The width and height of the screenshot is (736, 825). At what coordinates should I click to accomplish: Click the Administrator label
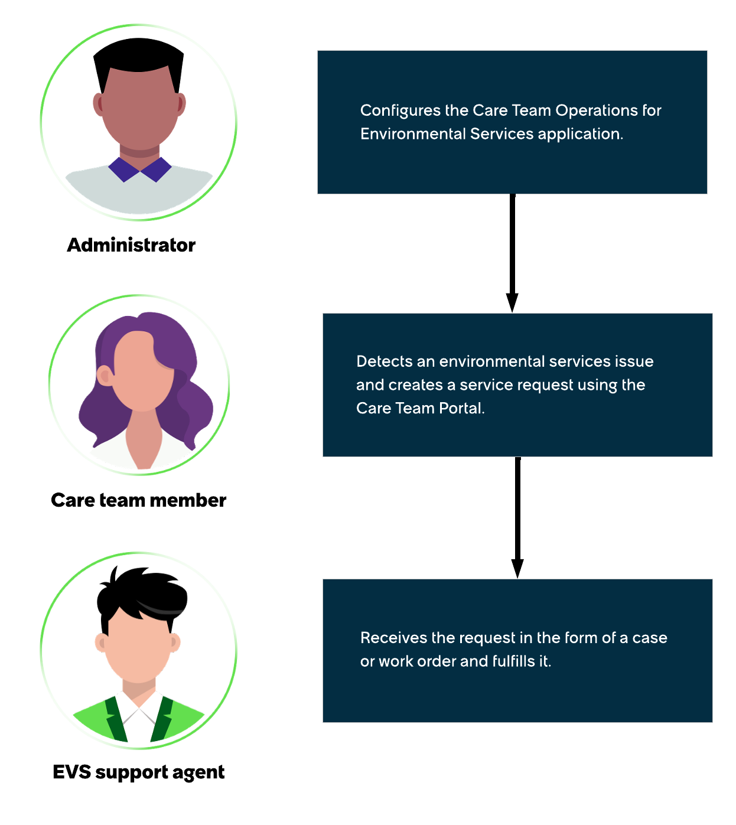pyautogui.click(x=131, y=244)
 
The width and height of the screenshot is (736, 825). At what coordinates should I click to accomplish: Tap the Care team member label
pyautogui.click(x=138, y=500)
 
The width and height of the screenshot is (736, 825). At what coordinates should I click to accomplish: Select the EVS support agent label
pyautogui.click(x=138, y=772)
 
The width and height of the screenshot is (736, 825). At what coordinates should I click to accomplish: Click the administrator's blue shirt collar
pyautogui.click(x=140, y=169)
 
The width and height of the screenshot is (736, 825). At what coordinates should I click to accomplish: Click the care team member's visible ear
pyautogui.click(x=105, y=376)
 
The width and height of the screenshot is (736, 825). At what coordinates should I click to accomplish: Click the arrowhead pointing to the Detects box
pyautogui.click(x=512, y=302)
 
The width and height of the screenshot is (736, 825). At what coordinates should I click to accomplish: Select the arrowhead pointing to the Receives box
pyautogui.click(x=517, y=569)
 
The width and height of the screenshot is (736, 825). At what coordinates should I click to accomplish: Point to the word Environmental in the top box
pyautogui.click(x=413, y=134)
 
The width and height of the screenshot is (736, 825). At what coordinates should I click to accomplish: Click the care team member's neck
pyautogui.click(x=143, y=440)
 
